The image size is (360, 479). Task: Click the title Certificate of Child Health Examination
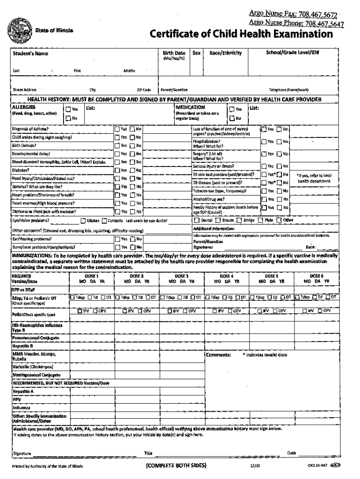point(241,35)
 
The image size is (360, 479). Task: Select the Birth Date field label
point(173,53)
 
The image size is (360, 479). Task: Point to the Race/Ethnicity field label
point(225,53)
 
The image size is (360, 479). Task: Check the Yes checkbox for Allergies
point(67,109)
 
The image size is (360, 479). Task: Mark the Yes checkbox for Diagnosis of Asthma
point(117,129)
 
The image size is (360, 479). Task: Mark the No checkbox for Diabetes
point(132,170)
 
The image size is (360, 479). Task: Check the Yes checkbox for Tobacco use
point(264,191)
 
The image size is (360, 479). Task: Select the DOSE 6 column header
point(317,276)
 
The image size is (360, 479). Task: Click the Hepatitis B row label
point(22,346)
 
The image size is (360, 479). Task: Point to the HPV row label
point(17,399)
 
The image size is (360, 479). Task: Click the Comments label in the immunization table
point(218,355)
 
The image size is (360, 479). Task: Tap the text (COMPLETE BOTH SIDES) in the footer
point(176,466)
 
